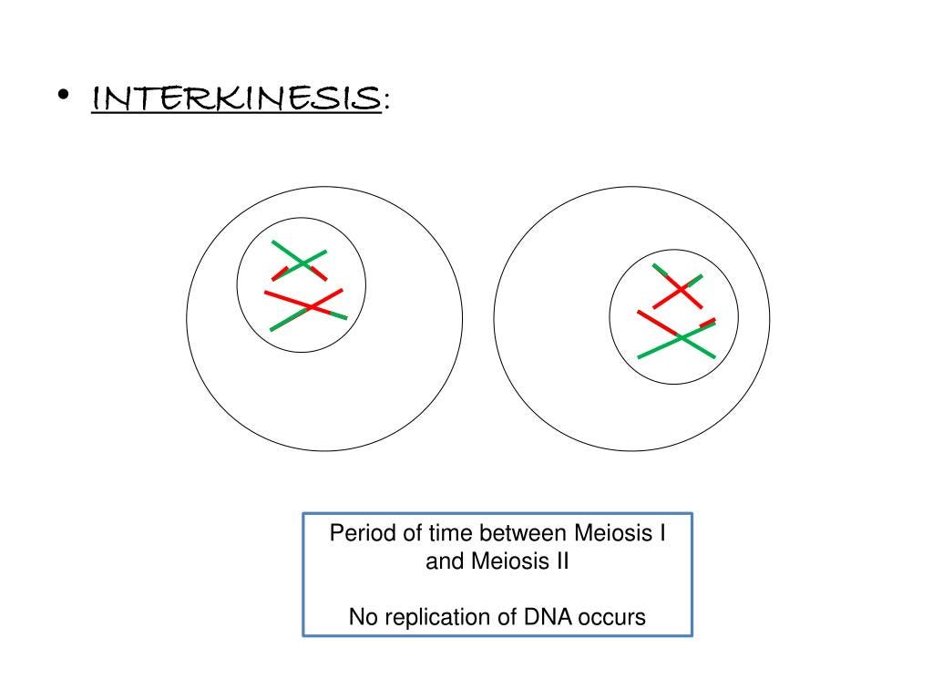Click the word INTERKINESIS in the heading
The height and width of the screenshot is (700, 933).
[236, 97]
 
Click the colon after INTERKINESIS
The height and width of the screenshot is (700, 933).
[387, 100]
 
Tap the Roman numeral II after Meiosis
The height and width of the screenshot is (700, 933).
[559, 561]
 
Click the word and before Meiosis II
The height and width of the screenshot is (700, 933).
[445, 561]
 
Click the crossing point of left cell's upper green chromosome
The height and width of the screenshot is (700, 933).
[300, 263]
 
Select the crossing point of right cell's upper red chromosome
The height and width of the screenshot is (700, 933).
[679, 289]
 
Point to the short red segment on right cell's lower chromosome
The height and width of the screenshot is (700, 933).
[707, 322]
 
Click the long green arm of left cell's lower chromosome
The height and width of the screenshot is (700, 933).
[287, 320]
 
